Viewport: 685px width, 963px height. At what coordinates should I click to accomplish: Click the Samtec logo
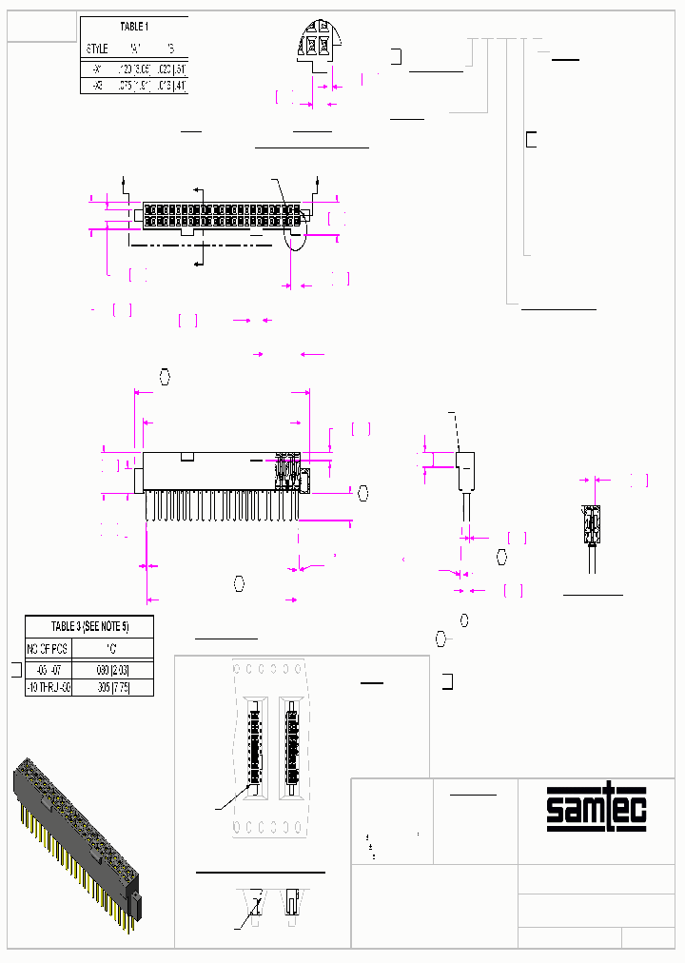[597, 809]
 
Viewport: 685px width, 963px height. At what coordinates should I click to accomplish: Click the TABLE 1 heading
[133, 27]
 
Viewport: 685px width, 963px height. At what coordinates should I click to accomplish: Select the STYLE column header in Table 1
[98, 48]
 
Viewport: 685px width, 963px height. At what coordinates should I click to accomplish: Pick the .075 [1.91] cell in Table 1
[133, 86]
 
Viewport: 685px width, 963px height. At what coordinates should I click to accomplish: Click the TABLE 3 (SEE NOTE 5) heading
[88, 626]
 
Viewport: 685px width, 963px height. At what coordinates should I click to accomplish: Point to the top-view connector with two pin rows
[221, 216]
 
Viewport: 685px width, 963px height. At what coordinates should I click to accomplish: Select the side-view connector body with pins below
[221, 485]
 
